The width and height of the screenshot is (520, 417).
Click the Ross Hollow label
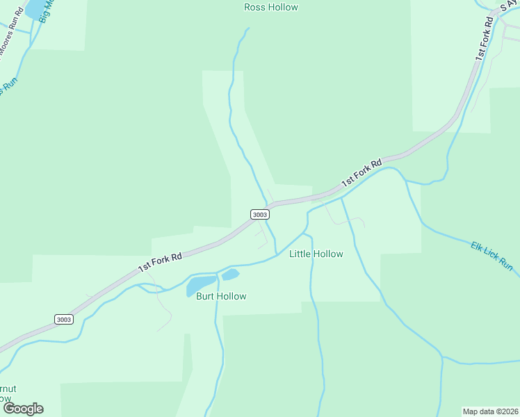(271, 8)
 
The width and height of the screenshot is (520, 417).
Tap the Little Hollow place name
(316, 254)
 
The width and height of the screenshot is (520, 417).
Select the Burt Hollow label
(221, 296)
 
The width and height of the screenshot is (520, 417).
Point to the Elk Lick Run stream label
(491, 256)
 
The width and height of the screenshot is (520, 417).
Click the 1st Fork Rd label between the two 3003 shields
(160, 261)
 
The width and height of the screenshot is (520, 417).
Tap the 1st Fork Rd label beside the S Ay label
(485, 38)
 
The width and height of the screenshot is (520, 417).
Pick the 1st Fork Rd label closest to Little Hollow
(362, 173)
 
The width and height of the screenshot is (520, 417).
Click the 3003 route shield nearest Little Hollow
(259, 215)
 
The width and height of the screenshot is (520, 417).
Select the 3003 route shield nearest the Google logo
(63, 319)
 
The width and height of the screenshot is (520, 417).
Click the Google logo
(23, 409)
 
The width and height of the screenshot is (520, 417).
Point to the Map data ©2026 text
(491, 411)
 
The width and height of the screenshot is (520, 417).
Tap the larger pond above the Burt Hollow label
(201, 284)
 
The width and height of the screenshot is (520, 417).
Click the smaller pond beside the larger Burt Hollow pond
(230, 275)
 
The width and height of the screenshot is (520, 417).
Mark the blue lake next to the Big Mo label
(35, 9)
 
